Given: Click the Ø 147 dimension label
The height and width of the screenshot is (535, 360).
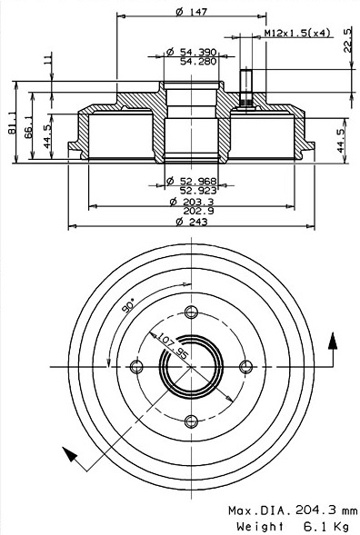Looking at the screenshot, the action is [191, 12].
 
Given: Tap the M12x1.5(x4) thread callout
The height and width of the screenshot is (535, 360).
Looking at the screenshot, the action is [297, 33].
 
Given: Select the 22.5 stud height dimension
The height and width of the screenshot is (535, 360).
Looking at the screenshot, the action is [347, 41].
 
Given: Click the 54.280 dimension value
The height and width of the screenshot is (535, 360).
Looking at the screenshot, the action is [198, 62].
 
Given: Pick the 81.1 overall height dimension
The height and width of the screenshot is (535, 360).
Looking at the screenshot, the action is [13, 123].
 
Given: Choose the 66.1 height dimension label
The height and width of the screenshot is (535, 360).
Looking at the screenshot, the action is [28, 127].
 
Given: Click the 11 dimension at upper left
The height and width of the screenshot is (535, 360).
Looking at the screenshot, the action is [48, 60].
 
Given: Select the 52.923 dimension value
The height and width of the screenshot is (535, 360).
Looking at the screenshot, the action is [198, 191].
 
